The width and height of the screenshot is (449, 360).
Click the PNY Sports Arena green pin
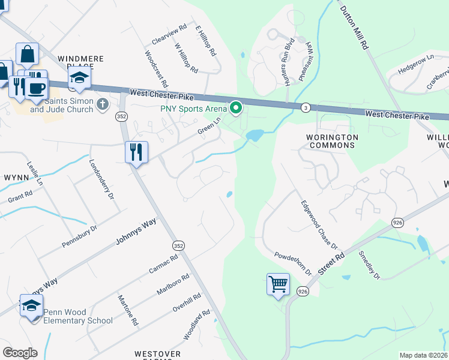[x=236, y=108]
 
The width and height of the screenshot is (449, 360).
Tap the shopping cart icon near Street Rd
[x=278, y=284]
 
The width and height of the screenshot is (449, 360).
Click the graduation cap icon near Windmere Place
[x=79, y=77]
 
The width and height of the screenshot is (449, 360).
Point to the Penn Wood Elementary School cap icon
[x=31, y=306]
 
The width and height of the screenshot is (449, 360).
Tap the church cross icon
[x=103, y=104]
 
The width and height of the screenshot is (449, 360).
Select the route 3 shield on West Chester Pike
[x=306, y=107]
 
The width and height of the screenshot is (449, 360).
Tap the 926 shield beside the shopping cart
[x=302, y=291]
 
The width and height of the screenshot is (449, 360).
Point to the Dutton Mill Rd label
[x=354, y=27]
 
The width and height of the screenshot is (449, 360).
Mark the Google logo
[x=20, y=353]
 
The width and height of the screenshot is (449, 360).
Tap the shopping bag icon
[x=27, y=55]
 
